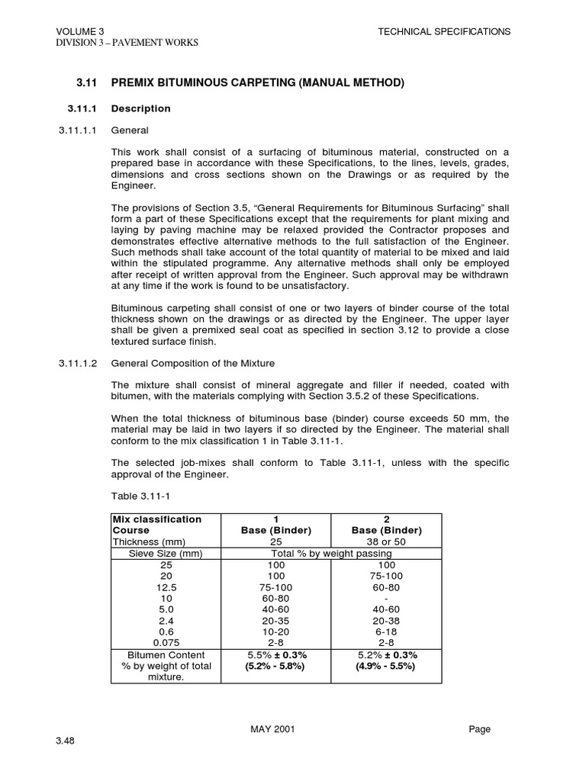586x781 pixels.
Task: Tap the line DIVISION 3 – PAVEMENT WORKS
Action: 127,43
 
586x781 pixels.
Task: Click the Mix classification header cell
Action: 157,519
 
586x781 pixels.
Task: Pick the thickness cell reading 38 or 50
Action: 386,542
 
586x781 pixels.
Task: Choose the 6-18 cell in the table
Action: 386,632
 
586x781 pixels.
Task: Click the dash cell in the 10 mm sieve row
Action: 386,598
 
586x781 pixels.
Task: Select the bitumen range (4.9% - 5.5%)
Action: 386,666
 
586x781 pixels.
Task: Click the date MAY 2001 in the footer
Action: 272,729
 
